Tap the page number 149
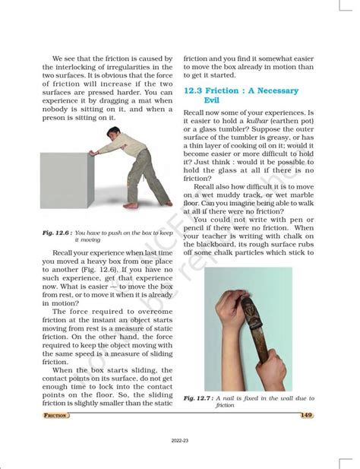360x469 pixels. (x=307, y=414)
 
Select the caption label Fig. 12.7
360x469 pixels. (x=197, y=398)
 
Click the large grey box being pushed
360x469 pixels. (x=65, y=179)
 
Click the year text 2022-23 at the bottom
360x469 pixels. (x=179, y=440)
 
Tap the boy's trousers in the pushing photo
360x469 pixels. (x=137, y=175)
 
